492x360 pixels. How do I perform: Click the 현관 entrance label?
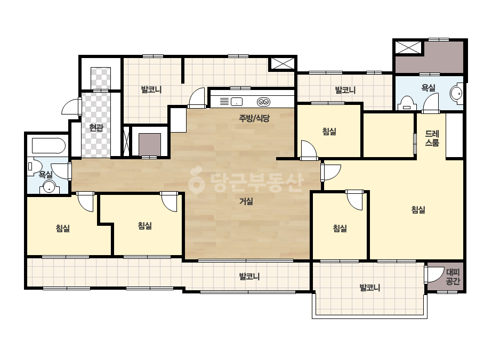96,128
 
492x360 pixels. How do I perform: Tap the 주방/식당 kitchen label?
254,118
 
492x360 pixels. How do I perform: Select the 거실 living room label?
246,201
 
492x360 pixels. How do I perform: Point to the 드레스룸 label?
432,138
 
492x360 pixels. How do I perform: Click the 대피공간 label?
453,276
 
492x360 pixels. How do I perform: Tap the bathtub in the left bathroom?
49,146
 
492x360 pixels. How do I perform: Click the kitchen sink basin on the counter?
237,102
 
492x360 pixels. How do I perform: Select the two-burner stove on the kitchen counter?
263,102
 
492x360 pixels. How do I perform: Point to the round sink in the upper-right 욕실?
456,93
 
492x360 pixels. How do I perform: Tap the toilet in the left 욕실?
35,166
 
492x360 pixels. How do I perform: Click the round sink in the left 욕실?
49,187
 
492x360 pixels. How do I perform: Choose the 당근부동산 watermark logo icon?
197,180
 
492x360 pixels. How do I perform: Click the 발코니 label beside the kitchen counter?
151,89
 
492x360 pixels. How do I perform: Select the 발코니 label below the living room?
249,276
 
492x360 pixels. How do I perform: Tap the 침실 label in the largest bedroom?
418,209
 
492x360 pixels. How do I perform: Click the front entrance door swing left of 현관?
71,106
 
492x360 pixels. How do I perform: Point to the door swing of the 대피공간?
434,274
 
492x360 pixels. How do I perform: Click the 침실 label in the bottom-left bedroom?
63,228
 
